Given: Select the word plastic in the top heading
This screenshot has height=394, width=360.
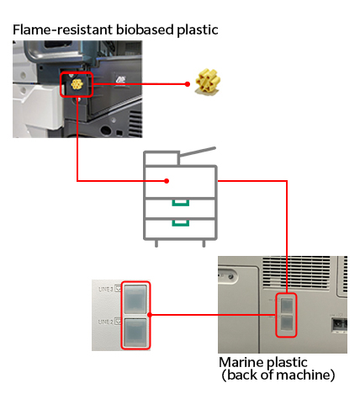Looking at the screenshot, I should [195, 29].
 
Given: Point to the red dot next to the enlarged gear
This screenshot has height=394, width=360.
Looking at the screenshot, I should [187, 84].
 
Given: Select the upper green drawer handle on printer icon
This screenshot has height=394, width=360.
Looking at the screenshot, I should [179, 203].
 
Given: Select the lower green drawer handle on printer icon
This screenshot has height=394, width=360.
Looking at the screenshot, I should [179, 224].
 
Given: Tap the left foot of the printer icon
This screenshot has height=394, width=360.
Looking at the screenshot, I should [156, 245].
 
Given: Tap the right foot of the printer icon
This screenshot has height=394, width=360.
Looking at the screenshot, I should [204, 245].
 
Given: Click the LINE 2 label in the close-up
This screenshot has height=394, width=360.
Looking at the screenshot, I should [106, 322].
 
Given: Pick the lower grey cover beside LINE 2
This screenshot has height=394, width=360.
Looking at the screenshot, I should [135, 332].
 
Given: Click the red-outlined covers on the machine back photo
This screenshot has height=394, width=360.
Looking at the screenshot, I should [288, 315].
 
